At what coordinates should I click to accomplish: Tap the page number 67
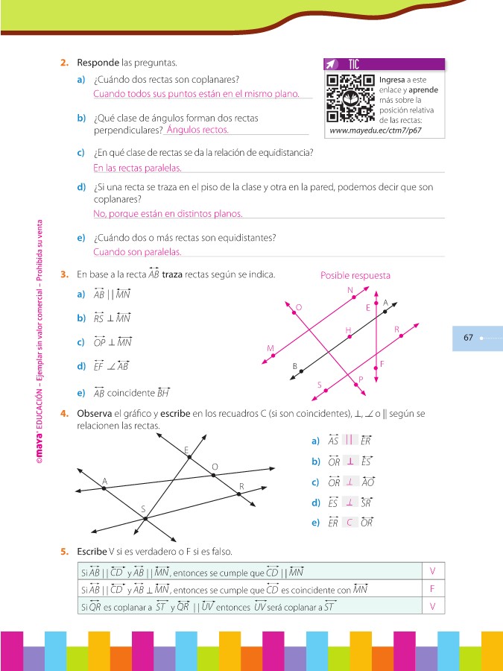[469, 338]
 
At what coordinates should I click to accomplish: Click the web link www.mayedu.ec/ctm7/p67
[376, 130]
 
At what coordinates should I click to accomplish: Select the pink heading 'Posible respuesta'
[355, 275]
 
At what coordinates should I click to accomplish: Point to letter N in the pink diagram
[350, 289]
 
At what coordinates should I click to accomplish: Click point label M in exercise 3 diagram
[270, 348]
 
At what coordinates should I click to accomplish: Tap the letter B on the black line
[295, 365]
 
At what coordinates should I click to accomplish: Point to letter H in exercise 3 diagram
[348, 330]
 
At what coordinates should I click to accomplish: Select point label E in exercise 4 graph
[186, 449]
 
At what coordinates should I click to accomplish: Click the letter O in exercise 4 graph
[215, 467]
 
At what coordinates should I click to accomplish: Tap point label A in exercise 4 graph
[104, 481]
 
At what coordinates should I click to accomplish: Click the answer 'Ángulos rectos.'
[198, 130]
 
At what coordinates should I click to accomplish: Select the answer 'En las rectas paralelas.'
[137, 168]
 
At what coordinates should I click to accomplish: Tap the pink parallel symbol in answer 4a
[349, 440]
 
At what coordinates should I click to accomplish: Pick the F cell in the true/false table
[432, 589]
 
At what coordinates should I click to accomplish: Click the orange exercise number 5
[65, 552]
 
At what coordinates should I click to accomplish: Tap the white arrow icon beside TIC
[333, 65]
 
